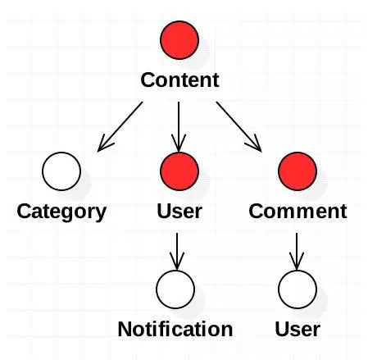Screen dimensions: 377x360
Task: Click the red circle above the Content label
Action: tap(179, 40)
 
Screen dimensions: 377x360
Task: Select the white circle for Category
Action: tap(61, 171)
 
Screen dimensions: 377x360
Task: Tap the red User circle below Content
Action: tap(179, 171)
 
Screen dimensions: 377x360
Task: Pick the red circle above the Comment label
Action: tap(298, 171)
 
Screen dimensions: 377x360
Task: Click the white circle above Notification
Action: tap(175, 289)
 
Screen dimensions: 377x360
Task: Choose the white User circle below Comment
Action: tap(298, 289)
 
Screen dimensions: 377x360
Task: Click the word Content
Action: tap(179, 80)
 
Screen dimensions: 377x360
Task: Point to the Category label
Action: tap(61, 212)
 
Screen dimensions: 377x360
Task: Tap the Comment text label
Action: tap(298, 211)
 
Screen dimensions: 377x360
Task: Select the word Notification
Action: tap(175, 329)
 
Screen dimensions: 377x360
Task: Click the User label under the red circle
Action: tap(179, 211)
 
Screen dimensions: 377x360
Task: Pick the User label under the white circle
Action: tap(298, 329)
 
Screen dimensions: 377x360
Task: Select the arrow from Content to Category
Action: tap(120, 126)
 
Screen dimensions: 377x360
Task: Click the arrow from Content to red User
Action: tap(179, 127)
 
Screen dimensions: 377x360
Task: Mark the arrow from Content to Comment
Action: tap(239, 126)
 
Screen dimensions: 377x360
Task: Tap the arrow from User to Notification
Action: tap(177, 252)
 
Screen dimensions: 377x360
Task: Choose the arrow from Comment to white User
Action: tap(297, 252)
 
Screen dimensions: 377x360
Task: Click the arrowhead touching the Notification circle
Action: tap(177, 262)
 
